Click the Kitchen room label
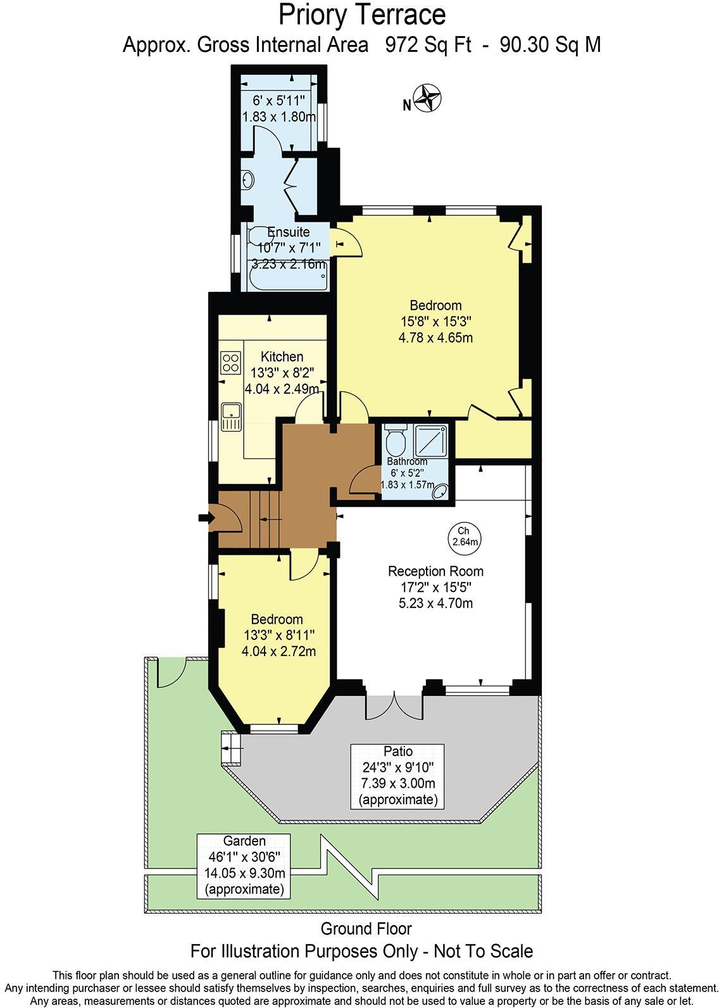pos(282,357)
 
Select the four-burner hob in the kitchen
pos(230,362)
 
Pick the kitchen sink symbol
pos(232,416)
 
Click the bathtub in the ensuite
pos(288,279)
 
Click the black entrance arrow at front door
pos(204,518)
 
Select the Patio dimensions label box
pos(398,776)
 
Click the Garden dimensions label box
pos(244,865)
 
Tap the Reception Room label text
pos(435,571)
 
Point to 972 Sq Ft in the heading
pos(423,45)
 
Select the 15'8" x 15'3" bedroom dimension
pos(435,322)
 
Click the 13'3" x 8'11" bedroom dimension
pos(279,635)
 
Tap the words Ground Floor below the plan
pos(366,929)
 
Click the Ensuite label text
pos(288,232)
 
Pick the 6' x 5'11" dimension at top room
pos(278,100)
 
